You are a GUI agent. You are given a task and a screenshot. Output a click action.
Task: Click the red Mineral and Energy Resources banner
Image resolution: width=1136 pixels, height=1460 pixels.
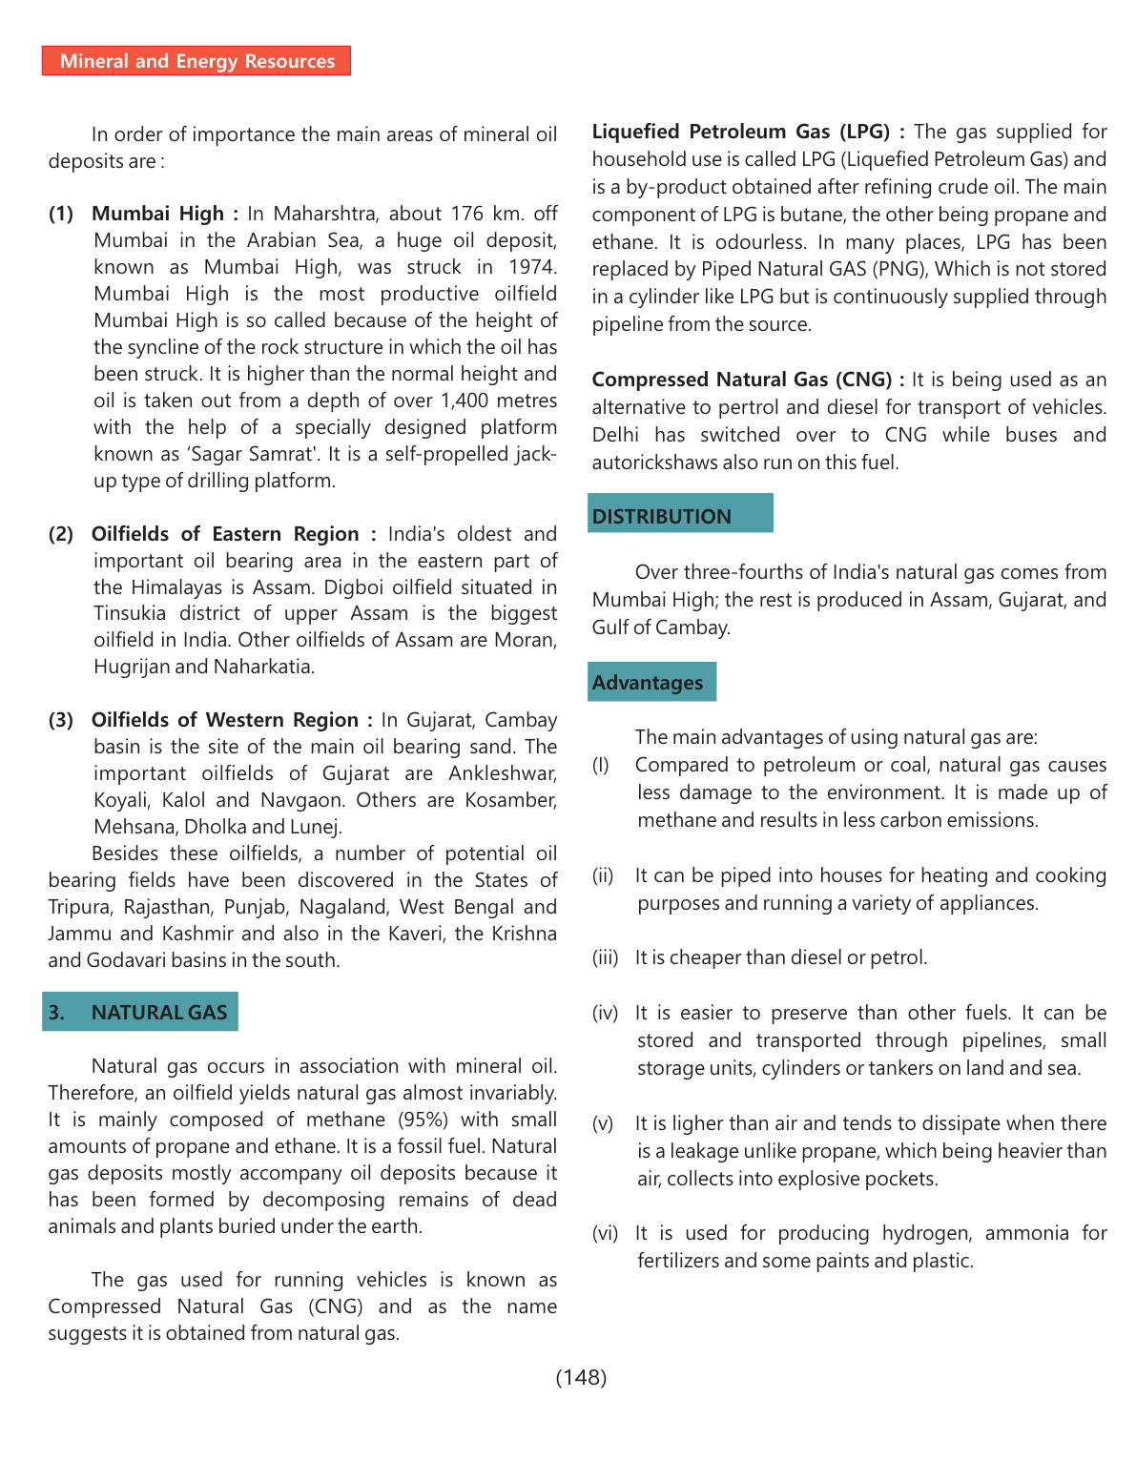(x=196, y=61)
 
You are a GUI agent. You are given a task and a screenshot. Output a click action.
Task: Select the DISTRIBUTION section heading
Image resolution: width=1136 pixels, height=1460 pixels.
(x=679, y=516)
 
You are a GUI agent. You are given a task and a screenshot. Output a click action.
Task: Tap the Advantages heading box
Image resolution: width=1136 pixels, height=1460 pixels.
(x=651, y=683)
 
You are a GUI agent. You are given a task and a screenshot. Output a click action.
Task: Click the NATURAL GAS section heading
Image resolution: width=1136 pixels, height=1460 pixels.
(x=140, y=1012)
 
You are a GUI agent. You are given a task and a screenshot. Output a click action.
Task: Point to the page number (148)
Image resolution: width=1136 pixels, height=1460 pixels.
(x=581, y=1377)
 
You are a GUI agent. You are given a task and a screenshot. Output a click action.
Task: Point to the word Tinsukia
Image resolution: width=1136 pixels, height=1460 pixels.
(x=130, y=613)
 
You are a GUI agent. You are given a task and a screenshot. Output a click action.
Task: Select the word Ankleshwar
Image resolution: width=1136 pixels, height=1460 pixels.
(x=503, y=773)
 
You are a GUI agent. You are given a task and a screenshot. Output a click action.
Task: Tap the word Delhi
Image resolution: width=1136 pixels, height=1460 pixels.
(x=615, y=435)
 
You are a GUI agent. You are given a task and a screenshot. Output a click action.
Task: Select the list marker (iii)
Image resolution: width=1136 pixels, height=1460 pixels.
(x=606, y=957)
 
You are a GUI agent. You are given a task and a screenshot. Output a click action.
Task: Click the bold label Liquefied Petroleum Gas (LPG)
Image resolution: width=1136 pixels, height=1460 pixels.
(x=741, y=132)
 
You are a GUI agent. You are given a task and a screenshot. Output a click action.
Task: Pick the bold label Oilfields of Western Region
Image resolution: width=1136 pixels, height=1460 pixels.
(x=225, y=720)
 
